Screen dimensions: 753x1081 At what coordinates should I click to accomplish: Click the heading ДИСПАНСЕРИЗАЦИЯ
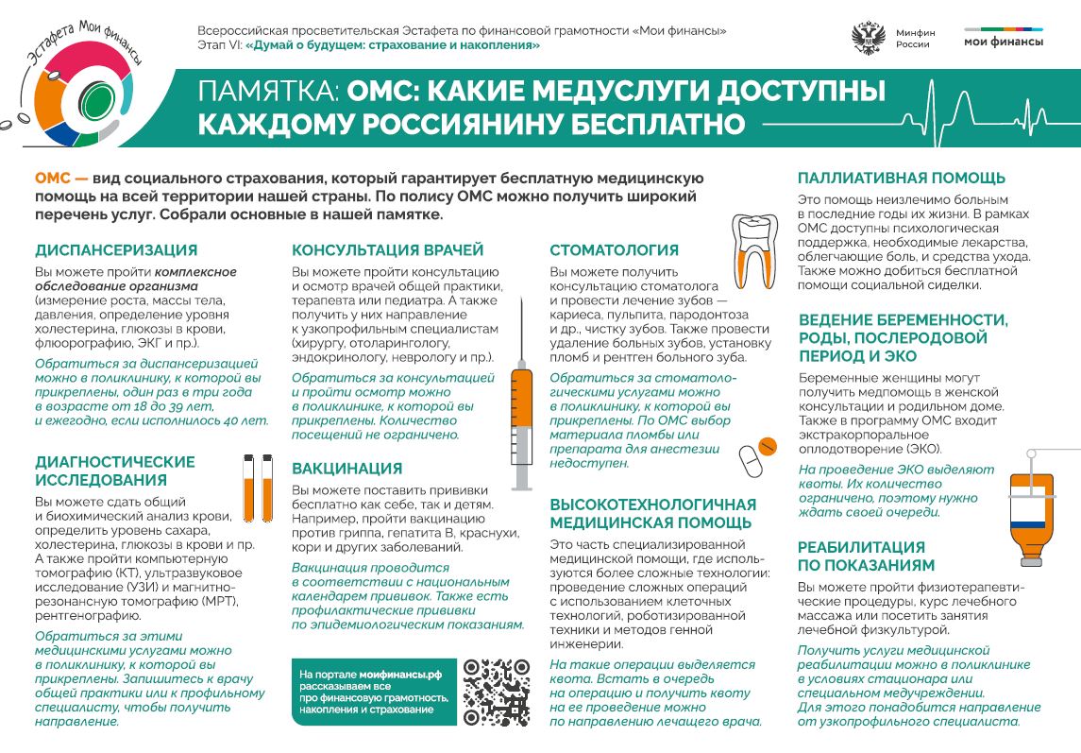click(x=116, y=250)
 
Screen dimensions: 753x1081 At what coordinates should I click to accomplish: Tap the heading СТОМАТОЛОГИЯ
click(x=614, y=250)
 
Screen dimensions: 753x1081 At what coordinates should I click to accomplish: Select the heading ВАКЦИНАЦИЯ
click(x=347, y=469)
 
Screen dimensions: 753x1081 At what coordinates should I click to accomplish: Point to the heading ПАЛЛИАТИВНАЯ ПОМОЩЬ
click(x=902, y=178)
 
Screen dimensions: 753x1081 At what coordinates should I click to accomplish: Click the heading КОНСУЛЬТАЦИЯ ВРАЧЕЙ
click(x=387, y=250)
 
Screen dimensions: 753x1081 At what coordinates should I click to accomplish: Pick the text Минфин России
click(x=914, y=39)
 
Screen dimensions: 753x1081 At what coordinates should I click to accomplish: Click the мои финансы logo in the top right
click(x=1004, y=38)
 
